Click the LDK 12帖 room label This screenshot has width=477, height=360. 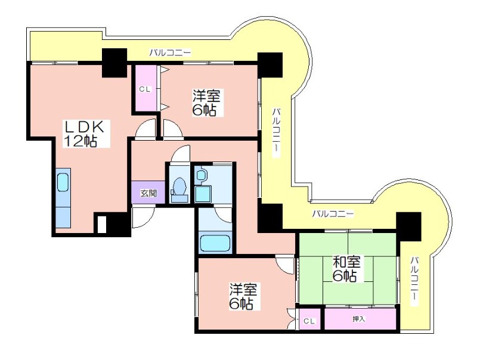pos(83,134)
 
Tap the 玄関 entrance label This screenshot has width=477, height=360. pos(148,193)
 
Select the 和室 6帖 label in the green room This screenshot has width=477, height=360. pos(346,269)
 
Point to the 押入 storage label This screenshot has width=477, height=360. pos(359,319)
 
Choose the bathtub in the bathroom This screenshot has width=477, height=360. pos(215,243)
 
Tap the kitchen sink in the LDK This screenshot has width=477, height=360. pos(63,182)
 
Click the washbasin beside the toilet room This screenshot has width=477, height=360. pos(201,175)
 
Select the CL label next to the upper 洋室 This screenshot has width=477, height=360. pos(144,89)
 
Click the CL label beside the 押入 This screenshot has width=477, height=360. pos(309,321)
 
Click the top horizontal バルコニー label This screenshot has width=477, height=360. pos(170,52)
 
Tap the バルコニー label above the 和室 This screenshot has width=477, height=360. pos(333,214)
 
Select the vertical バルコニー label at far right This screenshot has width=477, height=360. pos(414,281)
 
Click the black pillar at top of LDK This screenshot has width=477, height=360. pos(114,63)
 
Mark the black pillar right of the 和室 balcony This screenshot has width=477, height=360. pos(409,226)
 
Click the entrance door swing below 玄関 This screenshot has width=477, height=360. pos(144,218)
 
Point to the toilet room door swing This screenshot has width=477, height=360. pos(181,154)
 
